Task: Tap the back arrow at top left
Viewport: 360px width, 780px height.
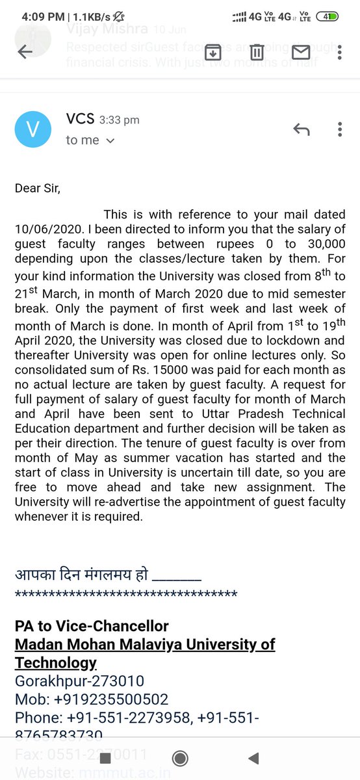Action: pos(25,53)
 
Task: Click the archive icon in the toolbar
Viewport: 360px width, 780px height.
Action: pos(212,53)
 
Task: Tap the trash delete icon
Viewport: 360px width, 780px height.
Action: pos(257,53)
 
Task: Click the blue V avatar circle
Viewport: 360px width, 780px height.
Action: pos(31,130)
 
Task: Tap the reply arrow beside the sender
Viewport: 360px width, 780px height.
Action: pos(302,130)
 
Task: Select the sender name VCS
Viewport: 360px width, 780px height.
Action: pos(80,119)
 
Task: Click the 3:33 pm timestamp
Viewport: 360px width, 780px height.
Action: pos(119,120)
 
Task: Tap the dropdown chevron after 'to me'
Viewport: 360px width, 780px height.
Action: pos(110,141)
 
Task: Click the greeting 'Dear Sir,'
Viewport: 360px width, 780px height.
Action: pos(40,188)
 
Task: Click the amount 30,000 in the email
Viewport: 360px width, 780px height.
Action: pos(321,243)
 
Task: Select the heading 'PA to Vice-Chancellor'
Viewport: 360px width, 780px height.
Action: pos(92,627)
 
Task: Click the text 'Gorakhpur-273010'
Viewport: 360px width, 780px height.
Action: pos(79,682)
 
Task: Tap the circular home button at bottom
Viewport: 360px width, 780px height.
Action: pos(180,758)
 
